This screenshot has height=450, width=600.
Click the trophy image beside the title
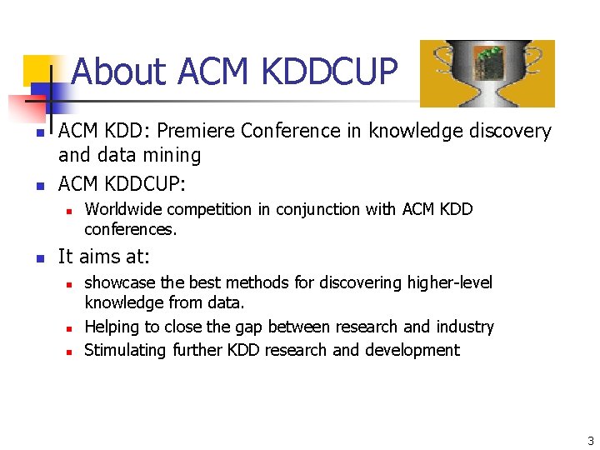[x=487, y=73]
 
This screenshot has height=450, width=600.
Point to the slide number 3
[x=590, y=441]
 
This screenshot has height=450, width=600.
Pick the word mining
[x=173, y=155]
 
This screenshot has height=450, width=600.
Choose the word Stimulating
[x=126, y=350]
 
